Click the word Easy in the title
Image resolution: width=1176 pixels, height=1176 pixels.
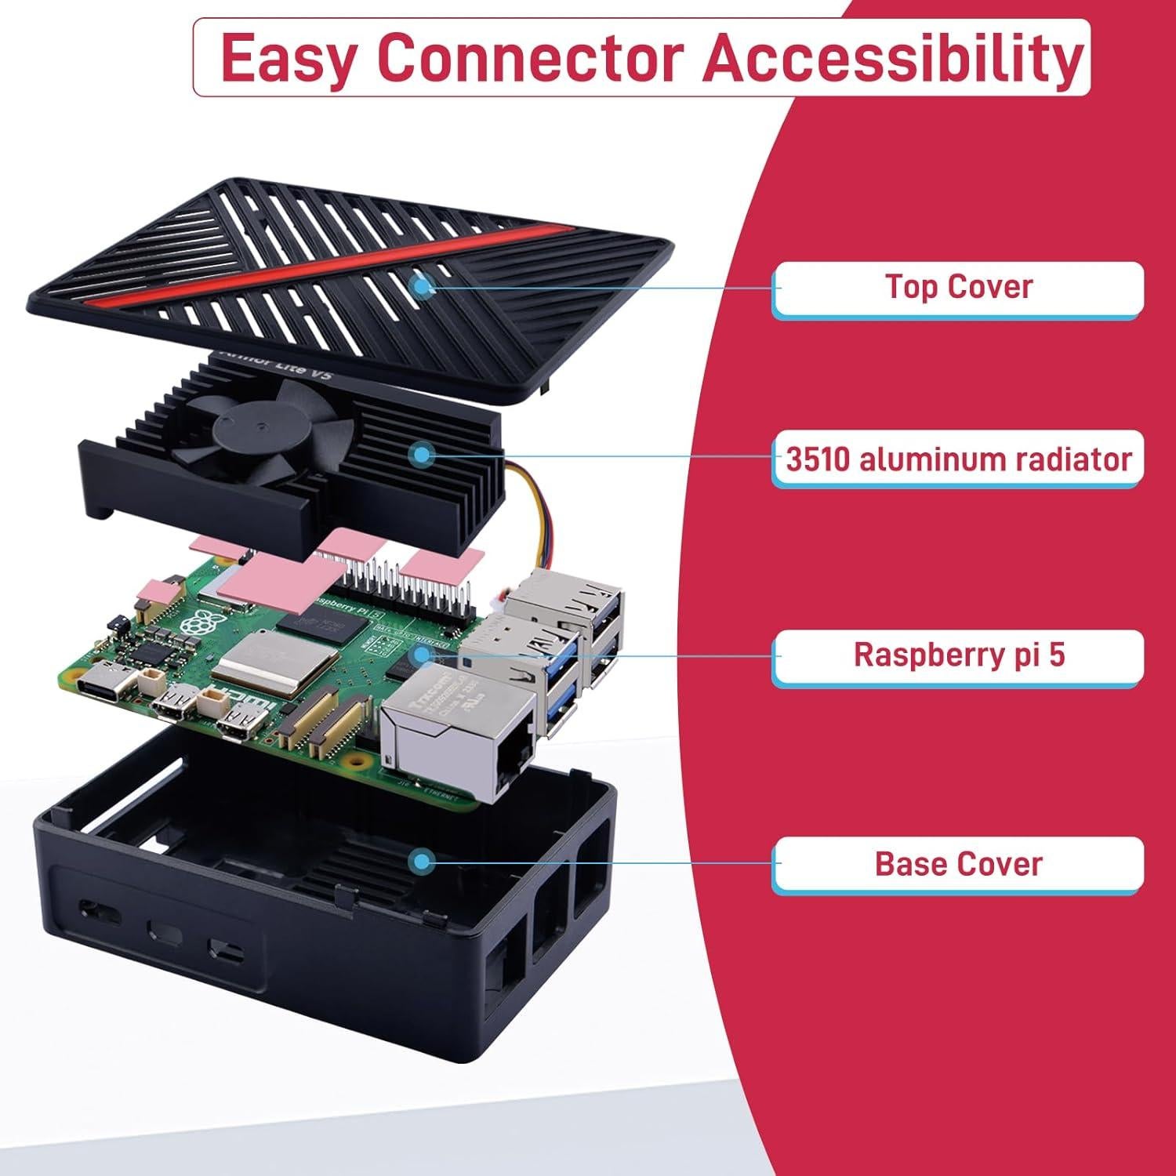[287, 58]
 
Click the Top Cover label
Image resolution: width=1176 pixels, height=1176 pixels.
[958, 287]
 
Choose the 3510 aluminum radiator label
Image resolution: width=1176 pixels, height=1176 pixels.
[958, 459]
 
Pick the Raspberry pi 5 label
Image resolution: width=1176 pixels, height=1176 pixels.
[958, 654]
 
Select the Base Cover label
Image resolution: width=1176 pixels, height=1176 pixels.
[958, 864]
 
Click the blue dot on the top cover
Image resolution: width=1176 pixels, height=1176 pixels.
[424, 287]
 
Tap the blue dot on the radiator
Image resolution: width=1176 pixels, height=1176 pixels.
[423, 453]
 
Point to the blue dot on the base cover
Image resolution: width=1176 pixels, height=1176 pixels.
[423, 862]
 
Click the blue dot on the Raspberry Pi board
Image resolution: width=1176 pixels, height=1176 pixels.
[423, 653]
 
